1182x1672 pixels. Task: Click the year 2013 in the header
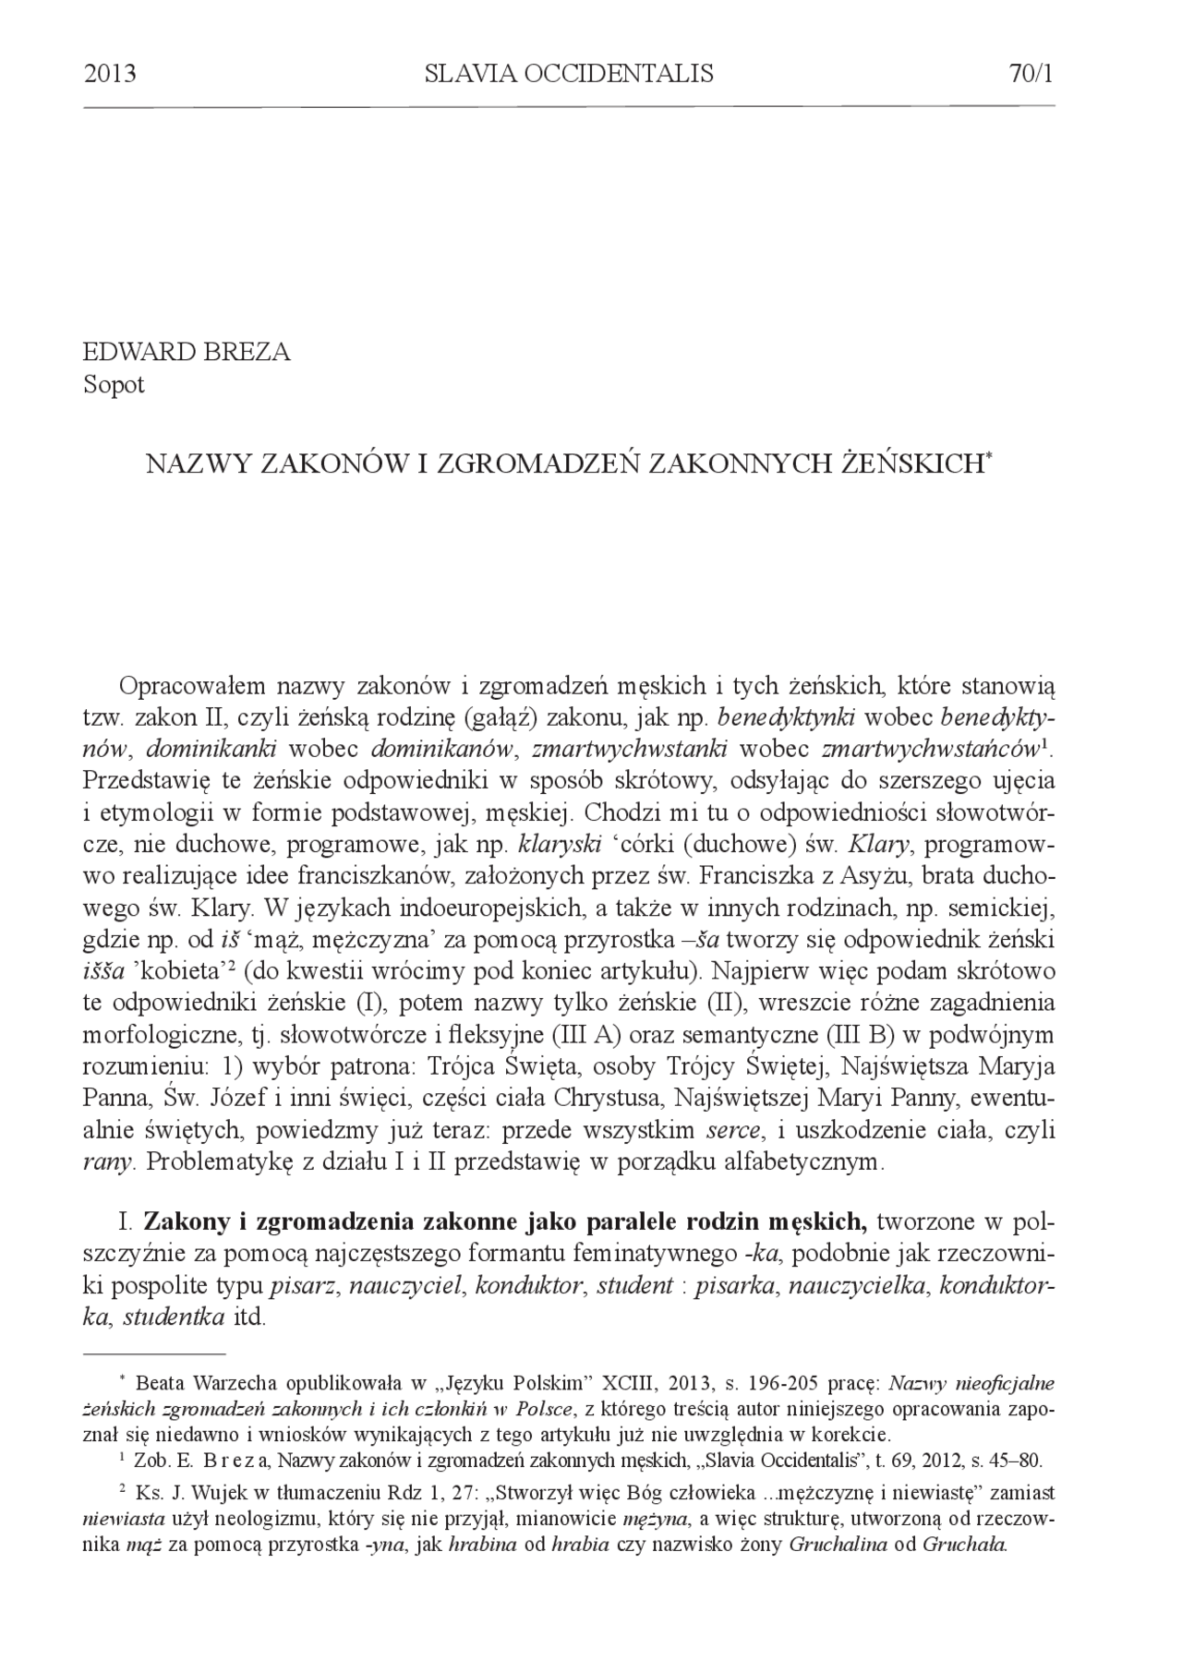click(110, 74)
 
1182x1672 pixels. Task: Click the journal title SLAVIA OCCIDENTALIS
click(569, 74)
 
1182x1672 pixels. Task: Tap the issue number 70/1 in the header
click(1031, 74)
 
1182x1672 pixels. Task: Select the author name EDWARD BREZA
click(186, 353)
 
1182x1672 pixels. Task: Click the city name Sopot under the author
click(114, 385)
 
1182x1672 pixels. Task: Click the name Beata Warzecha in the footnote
click(207, 1384)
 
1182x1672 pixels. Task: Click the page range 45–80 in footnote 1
click(1013, 1461)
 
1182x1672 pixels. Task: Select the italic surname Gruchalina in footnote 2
click(840, 1544)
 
